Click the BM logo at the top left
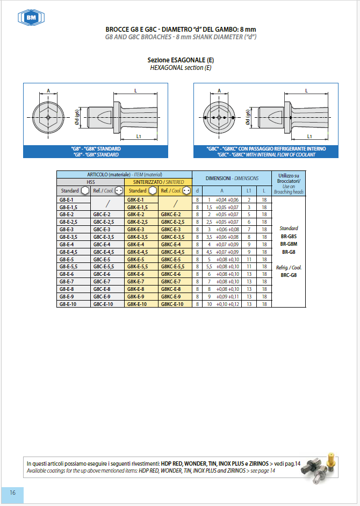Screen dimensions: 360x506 [31, 17]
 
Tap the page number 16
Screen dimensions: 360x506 [12, 493]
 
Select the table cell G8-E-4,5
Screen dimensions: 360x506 [68, 252]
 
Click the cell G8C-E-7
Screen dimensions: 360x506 [102, 282]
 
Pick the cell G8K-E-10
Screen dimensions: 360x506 [137, 304]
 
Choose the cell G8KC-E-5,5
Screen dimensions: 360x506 [172, 267]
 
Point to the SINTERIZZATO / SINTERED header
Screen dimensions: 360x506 [159, 182]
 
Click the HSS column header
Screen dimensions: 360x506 [91, 182]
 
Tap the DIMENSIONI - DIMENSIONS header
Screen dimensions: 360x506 [232, 178]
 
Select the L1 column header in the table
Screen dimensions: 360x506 [249, 191]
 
